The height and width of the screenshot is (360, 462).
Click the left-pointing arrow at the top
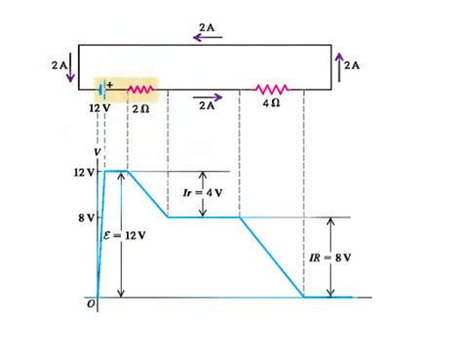[x=207, y=37]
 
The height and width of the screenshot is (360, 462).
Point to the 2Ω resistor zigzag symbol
[x=139, y=90]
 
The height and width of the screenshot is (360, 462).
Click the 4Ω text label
[x=272, y=105]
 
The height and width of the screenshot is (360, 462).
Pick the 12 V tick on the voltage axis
[x=84, y=172]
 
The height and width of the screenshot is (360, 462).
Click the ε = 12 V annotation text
[x=123, y=235]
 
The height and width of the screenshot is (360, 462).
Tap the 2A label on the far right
[x=353, y=65]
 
